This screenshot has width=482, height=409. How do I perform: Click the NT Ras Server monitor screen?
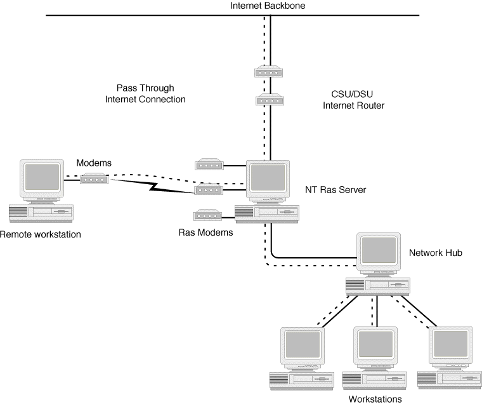[266, 179]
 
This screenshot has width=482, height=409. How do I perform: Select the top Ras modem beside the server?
[207, 165]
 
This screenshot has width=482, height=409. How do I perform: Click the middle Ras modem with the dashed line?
[207, 189]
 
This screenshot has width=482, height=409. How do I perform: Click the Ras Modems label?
[205, 232]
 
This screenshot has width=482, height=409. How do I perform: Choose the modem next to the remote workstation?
[94, 180]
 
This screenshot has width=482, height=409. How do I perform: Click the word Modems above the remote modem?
[94, 163]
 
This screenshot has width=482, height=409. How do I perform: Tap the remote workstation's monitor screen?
[41, 178]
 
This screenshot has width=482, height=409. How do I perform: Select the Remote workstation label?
[41, 234]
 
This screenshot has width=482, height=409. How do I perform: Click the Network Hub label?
[435, 253]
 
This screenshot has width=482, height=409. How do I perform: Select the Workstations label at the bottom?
[375, 399]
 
